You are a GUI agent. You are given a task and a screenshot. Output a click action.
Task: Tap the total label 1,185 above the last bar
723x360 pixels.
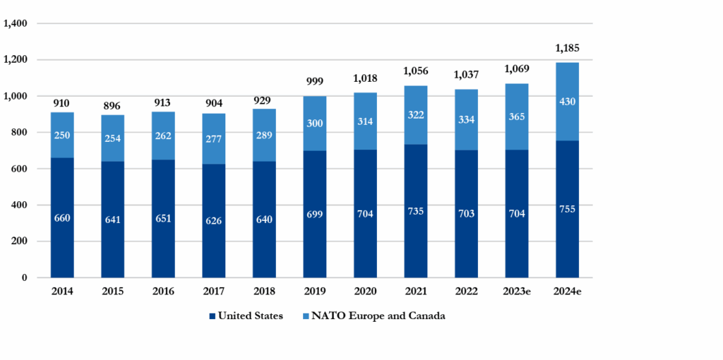(567, 49)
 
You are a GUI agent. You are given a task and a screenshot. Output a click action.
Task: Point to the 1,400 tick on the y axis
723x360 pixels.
(16, 23)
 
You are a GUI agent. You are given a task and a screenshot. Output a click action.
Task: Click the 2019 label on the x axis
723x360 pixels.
(314, 290)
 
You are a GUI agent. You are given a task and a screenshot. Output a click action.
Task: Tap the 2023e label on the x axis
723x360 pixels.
(517, 290)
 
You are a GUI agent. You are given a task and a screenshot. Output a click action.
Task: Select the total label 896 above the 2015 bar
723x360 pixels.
(112, 106)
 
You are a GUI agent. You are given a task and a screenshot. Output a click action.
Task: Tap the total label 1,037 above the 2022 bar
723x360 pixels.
(466, 75)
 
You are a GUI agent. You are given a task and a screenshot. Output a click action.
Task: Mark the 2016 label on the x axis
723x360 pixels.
(163, 290)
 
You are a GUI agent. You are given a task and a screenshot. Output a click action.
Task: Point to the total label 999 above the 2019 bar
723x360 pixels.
(314, 83)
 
